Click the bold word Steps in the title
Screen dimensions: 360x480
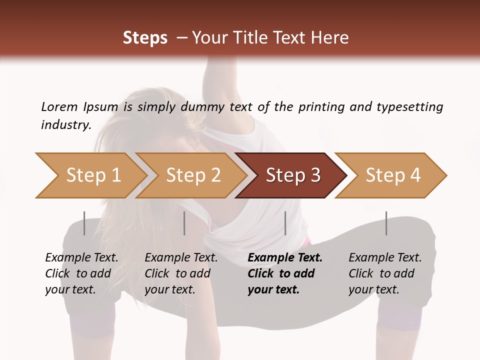pos(145,38)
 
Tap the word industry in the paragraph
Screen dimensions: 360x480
pos(65,124)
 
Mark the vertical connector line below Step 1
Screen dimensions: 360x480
pos(84,223)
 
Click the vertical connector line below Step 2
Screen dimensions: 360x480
pos(184,223)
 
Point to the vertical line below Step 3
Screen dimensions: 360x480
pos(285,223)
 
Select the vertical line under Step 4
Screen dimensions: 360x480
pos(386,223)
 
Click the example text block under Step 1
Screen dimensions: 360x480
pos(81,273)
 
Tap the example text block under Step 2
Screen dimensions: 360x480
pos(181,273)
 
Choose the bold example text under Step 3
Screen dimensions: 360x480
pos(285,273)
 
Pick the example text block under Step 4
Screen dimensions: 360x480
pos(385,273)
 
